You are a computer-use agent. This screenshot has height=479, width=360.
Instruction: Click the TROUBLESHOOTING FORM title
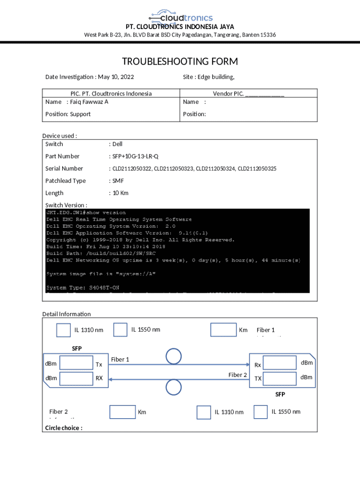pos(180,62)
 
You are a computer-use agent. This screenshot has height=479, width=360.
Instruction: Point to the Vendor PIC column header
pos(248,94)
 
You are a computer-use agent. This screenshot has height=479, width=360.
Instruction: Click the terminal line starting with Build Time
pos(106,247)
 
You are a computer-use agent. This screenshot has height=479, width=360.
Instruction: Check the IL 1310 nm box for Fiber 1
pos(64,330)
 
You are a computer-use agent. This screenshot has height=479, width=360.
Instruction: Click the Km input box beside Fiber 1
pos(223,330)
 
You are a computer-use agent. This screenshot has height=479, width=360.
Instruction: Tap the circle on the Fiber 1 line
pos(174,356)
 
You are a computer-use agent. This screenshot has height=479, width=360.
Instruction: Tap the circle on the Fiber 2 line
pos(174,387)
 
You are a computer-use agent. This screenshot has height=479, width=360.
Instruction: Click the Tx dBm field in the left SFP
pos(76,363)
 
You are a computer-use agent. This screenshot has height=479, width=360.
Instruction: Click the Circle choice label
pos(64,428)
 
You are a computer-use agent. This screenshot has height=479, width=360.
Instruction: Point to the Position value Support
pos(80,114)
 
